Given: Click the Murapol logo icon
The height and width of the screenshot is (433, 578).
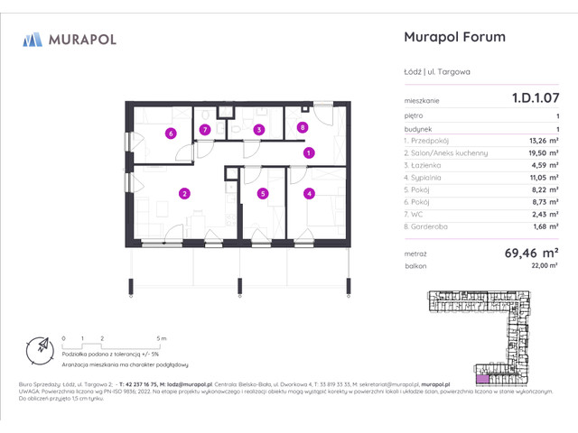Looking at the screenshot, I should click(33, 39).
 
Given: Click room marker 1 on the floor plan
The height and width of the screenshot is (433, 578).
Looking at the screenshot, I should click(308, 152).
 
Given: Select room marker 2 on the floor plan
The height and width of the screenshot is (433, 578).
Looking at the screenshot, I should click(183, 192).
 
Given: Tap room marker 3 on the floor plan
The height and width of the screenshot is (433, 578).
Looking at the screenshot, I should click(258, 130).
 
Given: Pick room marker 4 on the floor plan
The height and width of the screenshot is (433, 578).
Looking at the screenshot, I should click(308, 192).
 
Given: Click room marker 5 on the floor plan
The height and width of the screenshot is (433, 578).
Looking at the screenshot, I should click(263, 192).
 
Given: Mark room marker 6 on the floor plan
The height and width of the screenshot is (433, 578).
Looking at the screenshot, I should click(170, 134).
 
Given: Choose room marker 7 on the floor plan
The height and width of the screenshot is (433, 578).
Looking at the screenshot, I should click(206, 130).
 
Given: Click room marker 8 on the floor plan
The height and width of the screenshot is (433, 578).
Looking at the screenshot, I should click(303, 127).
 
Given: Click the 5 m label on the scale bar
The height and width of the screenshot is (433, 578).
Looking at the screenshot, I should click(160, 337).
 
